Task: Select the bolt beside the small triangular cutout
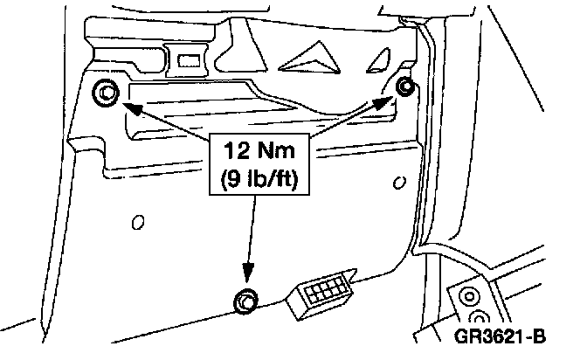point(405,86)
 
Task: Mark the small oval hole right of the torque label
point(399,183)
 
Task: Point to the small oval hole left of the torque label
point(138,222)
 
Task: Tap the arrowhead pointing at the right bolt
point(384,102)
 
